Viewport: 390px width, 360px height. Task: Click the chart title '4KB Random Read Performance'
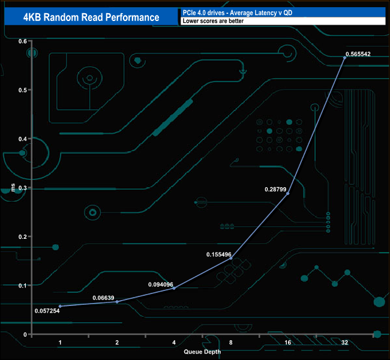coord(91,17)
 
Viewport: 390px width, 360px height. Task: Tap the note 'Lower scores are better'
coord(206,22)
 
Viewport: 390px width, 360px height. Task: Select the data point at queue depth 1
coord(60,306)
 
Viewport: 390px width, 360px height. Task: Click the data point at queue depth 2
coord(117,301)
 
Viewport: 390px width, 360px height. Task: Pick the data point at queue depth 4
coord(174,288)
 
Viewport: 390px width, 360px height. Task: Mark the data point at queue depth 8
coord(231,258)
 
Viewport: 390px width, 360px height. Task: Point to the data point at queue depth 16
coord(288,193)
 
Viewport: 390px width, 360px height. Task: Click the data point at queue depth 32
coord(344,57)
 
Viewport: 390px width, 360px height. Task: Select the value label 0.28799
coord(277,189)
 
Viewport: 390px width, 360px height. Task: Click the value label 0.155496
coord(219,254)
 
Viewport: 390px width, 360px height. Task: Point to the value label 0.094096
coord(161,284)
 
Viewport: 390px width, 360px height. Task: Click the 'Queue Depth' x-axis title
coord(202,352)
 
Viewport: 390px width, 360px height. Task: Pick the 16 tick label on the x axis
coord(288,343)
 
